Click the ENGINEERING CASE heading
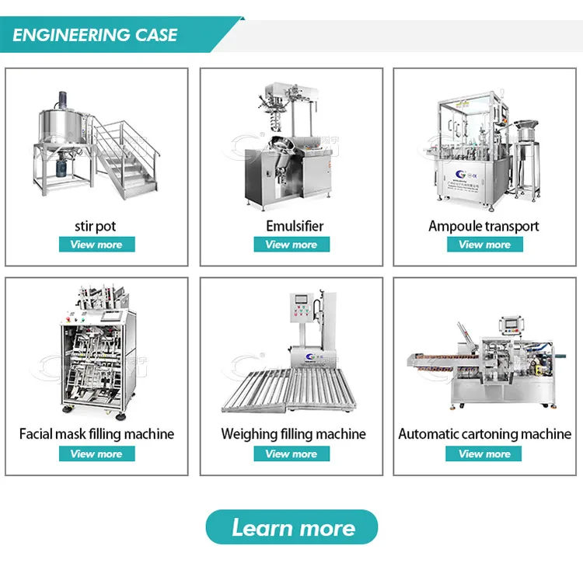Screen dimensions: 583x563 [96, 35]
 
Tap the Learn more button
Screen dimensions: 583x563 [291, 528]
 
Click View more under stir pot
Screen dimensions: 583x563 [96, 245]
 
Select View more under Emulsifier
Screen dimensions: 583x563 [291, 245]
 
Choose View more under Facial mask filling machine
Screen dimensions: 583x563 [96, 454]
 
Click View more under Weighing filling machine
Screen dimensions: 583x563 [291, 454]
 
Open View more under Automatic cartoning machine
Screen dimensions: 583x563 [484, 454]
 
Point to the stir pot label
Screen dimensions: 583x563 [96, 226]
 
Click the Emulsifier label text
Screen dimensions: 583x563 [291, 226]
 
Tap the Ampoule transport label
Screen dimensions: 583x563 [484, 226]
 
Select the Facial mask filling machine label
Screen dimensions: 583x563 [96, 434]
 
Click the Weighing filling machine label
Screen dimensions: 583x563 [293, 434]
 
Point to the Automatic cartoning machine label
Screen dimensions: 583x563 [484, 434]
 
